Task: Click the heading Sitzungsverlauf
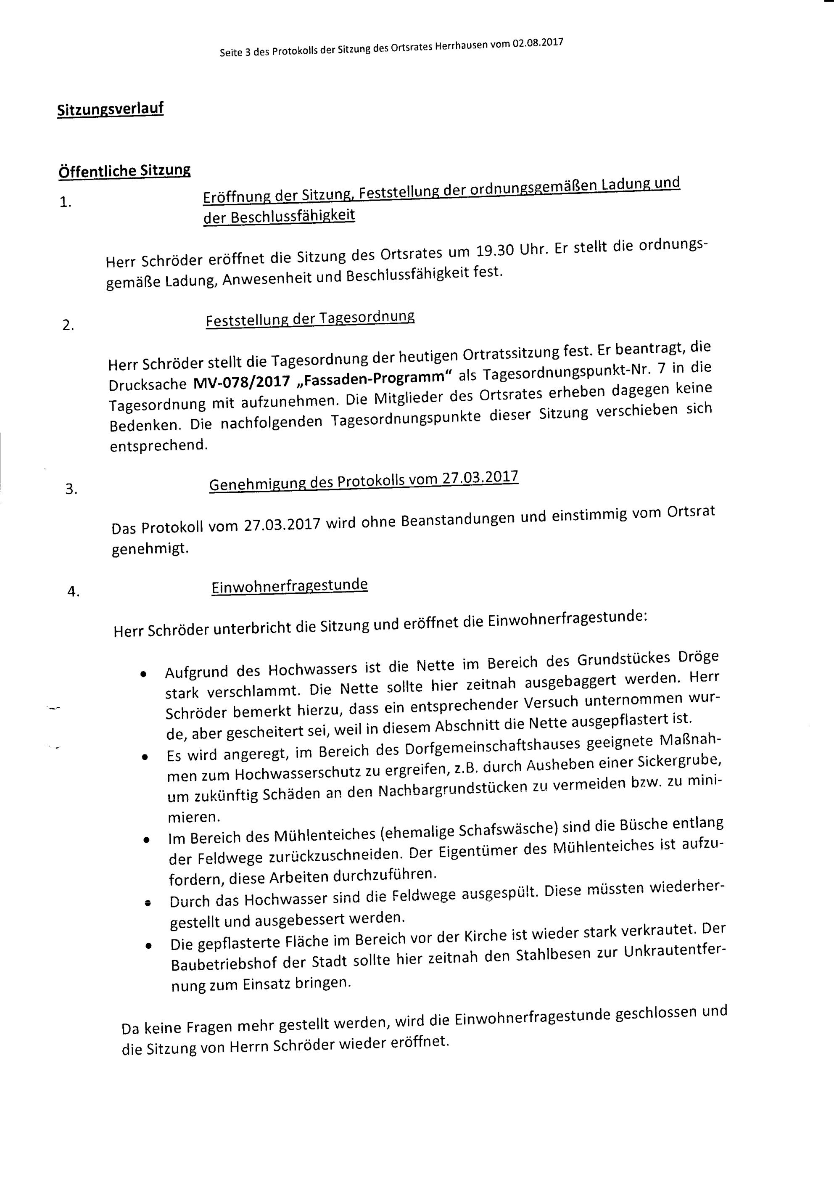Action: point(111,109)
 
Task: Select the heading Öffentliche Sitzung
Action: point(124,171)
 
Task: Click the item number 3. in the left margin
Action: point(71,489)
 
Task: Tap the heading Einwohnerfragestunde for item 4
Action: point(289,586)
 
